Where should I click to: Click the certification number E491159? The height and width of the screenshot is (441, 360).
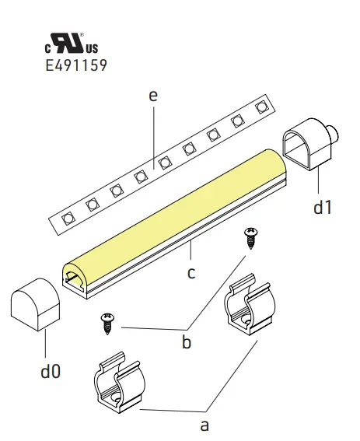click(77, 66)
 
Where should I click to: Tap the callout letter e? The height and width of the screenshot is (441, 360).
click(152, 96)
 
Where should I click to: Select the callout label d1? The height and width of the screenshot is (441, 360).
click(322, 208)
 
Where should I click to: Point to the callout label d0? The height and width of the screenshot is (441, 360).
click(50, 371)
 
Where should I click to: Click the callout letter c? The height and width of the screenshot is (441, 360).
click(191, 272)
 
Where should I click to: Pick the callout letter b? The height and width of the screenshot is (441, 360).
click(186, 341)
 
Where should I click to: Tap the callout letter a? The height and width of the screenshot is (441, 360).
click(205, 425)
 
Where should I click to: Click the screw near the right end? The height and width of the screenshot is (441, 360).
click(250, 237)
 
